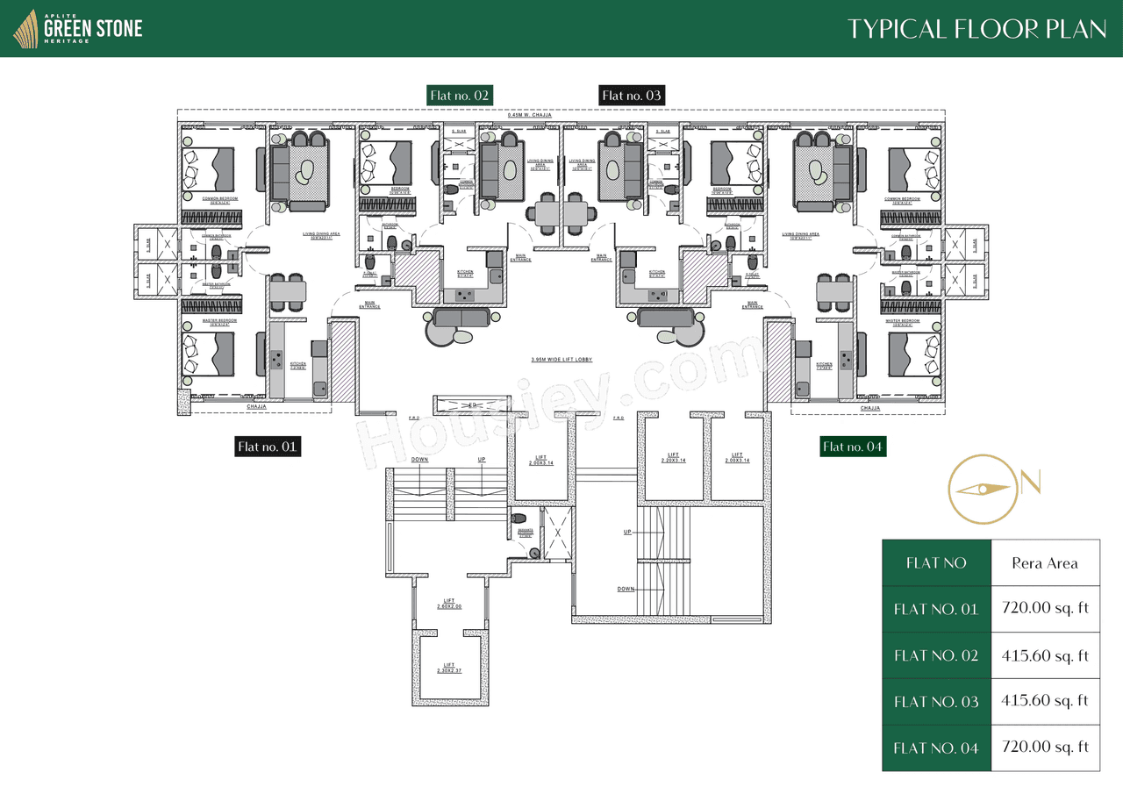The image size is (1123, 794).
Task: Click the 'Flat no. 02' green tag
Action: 459,95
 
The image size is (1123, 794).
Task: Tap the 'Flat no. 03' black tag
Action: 632,95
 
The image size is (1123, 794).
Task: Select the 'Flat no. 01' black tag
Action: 268,447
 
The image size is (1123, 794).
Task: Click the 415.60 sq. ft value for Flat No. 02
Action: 1045,655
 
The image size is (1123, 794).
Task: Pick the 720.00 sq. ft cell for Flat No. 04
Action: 1045,748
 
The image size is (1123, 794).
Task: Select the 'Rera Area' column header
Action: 1045,562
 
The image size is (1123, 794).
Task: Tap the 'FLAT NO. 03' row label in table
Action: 935,701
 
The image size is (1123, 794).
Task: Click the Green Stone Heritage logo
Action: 78,28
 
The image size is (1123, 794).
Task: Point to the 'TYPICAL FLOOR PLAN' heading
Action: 976,29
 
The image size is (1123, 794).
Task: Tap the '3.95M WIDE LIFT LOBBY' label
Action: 561,360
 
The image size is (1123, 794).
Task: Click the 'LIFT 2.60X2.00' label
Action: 449,604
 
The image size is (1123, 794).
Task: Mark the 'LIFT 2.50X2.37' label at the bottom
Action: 449,668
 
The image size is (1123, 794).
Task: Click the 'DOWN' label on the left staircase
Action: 419,460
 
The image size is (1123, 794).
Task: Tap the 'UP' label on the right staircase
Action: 626,533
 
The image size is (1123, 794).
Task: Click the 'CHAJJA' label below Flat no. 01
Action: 256,407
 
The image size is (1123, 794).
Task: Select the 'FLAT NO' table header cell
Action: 935,562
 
